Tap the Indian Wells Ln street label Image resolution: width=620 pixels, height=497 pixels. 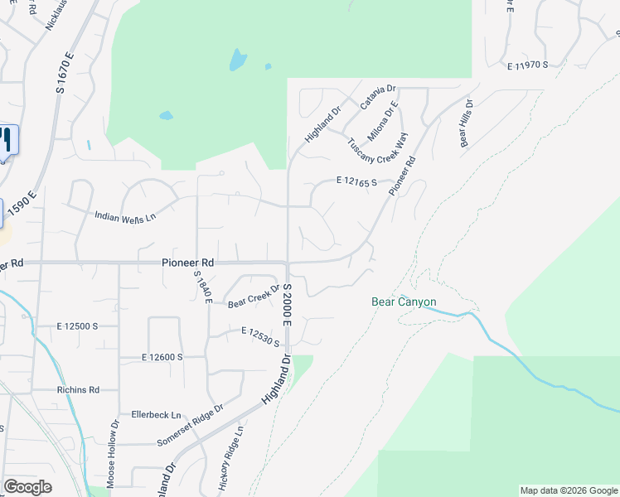pos(125,217)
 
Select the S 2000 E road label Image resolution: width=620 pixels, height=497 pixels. pos(288,304)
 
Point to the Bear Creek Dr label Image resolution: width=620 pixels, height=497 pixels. pos(254,296)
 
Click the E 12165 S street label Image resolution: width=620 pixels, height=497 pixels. pos(357,181)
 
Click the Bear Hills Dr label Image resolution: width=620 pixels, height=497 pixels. pos(467,124)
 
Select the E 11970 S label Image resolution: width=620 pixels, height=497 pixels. pos(528,65)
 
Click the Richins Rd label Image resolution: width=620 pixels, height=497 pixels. pos(78,389)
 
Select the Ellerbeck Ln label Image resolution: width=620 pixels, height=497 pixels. pos(156,414)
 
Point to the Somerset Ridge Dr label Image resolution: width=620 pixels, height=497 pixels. pos(191,426)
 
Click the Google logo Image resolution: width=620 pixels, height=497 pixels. pos(27,487)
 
